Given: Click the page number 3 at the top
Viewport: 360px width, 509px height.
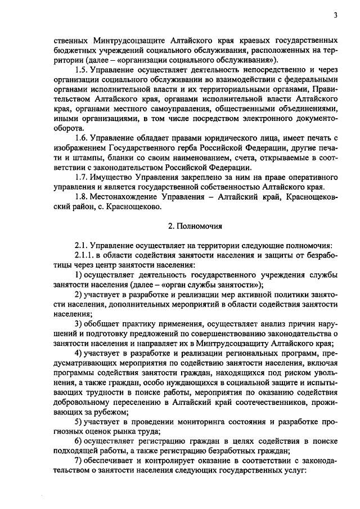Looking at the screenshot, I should coord(335,15).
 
